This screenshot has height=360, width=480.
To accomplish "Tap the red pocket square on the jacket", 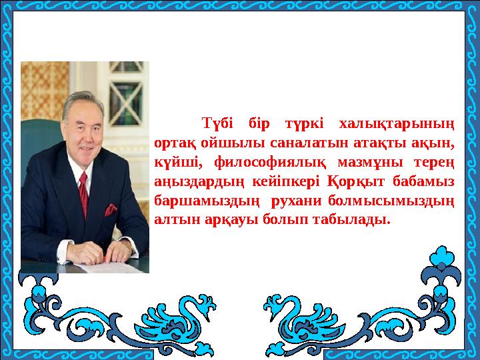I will click(109, 209).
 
